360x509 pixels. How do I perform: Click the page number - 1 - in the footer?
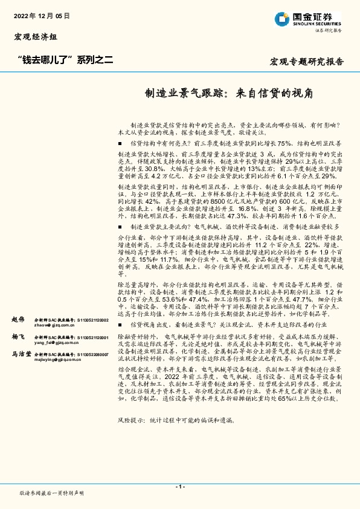coord(179,486)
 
